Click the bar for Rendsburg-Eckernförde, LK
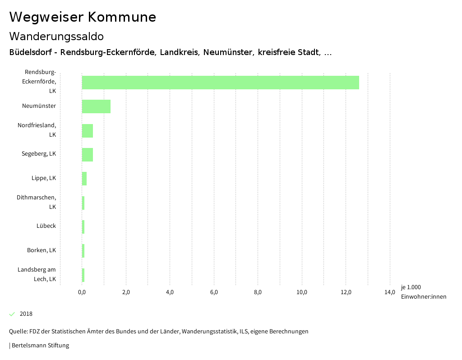[x=220, y=83]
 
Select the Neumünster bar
[x=96, y=106]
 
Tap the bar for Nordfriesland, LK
[x=88, y=130]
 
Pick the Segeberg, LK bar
[x=88, y=154]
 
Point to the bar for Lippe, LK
[x=84, y=179]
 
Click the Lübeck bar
[x=83, y=226]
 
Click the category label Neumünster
[x=39, y=106]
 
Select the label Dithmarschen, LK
[x=37, y=202]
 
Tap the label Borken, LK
[x=42, y=250]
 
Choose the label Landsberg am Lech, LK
[x=37, y=274]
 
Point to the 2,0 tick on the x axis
[x=126, y=292]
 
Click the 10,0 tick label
[x=302, y=292]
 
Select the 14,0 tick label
[x=390, y=292]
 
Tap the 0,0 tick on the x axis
[x=82, y=292]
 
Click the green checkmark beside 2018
[x=12, y=314]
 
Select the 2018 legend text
[x=26, y=314]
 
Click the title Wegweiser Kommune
[x=83, y=17]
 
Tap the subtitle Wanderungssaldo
[x=56, y=36]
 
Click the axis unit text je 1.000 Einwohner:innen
[x=423, y=292]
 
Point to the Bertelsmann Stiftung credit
[x=40, y=346]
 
